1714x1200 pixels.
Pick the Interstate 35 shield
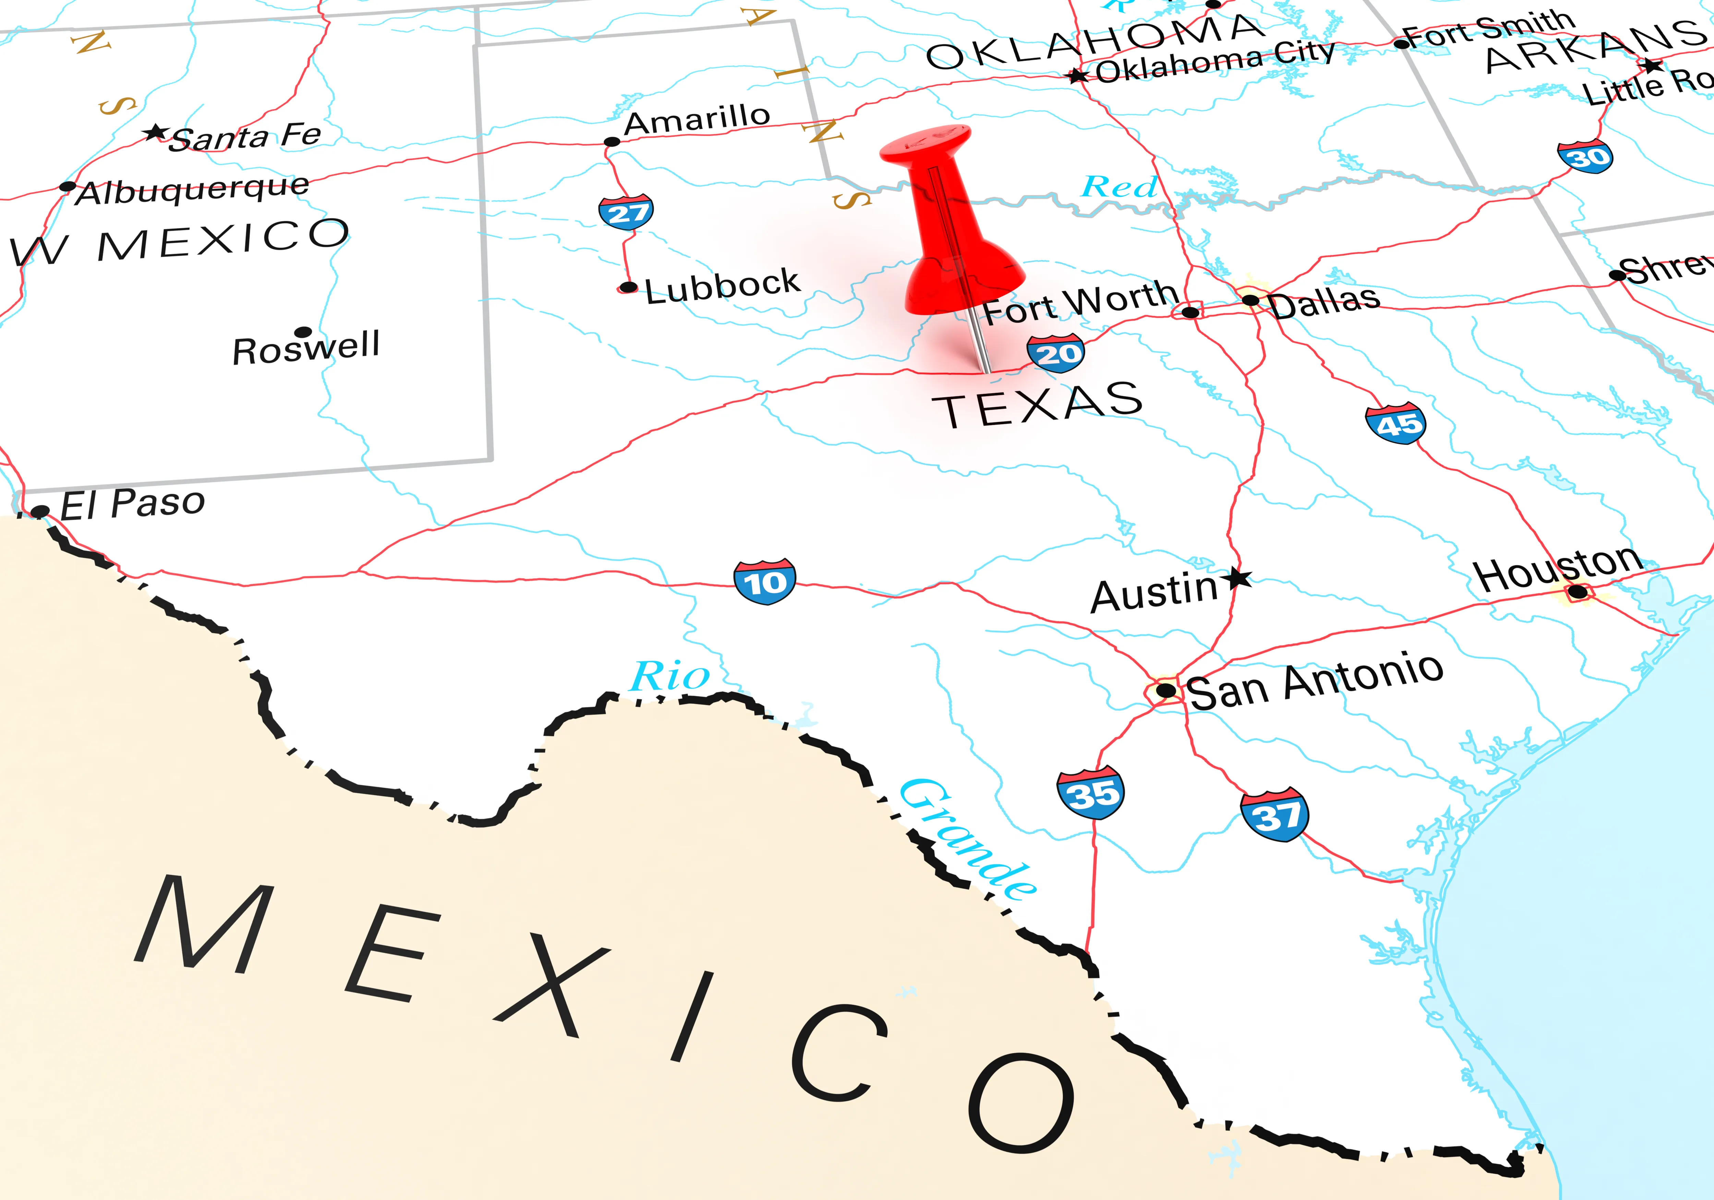[x=1091, y=792]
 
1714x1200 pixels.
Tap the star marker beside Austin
[x=1239, y=577]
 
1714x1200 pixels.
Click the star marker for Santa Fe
[x=155, y=133]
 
